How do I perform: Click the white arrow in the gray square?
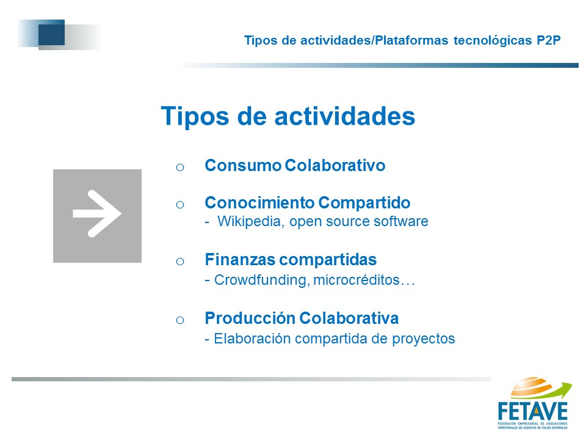(97, 214)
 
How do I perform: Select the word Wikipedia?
(249, 221)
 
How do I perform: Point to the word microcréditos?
(356, 280)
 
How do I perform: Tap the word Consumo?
(243, 166)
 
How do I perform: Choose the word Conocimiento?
(260, 203)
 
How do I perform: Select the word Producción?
(250, 318)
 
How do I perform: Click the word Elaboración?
(252, 339)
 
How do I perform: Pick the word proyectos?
(424, 339)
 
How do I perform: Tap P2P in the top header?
(549, 40)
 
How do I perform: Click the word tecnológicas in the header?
(493, 40)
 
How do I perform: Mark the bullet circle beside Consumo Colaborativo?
(180, 167)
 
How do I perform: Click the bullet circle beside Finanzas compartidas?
(180, 261)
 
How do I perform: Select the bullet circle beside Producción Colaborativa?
(180, 320)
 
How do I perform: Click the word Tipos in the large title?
(195, 116)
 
